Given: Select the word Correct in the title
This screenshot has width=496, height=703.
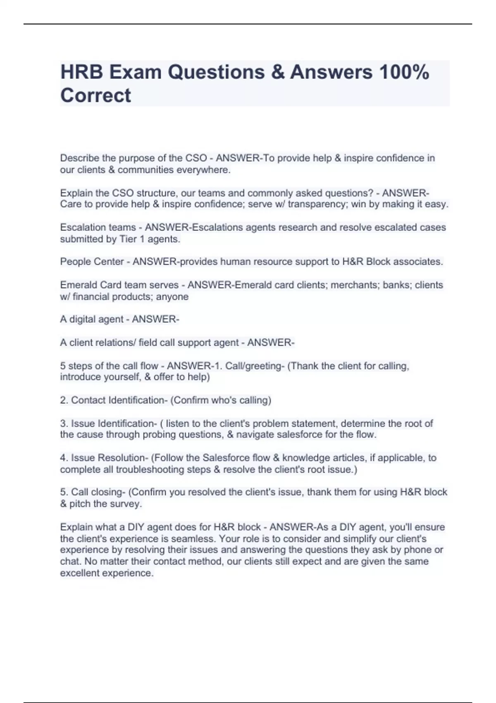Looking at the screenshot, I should coord(95,96).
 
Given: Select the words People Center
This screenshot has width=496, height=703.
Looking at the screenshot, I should coord(92,262).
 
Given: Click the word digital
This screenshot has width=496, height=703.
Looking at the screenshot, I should coord(82,319).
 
